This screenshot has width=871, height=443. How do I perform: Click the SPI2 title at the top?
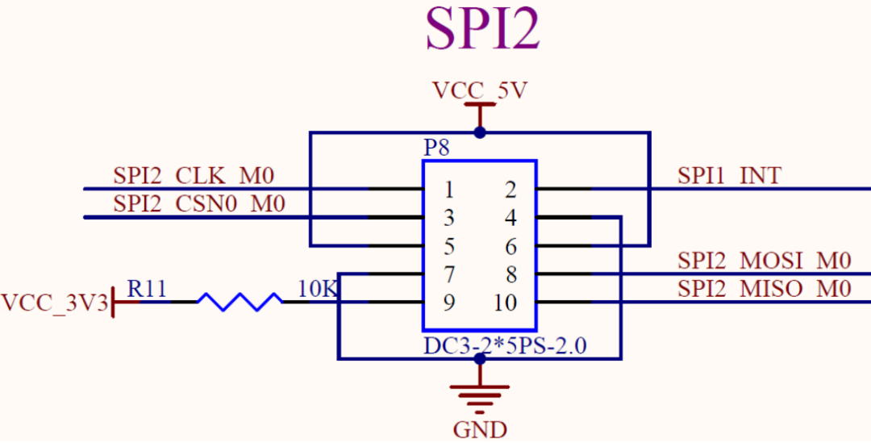pos(482,31)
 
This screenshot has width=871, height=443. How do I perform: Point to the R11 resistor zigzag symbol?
pos(240,302)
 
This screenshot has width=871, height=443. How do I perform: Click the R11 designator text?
pos(148,289)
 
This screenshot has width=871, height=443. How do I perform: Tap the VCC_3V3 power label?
pos(53,303)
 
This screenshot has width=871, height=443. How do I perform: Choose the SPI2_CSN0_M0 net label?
pos(199,204)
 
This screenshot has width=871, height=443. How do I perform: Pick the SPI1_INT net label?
pos(729,176)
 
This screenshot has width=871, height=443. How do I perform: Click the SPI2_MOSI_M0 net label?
pos(764,261)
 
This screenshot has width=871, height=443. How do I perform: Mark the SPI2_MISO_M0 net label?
pos(764,289)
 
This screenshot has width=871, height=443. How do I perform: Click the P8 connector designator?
pos(436,148)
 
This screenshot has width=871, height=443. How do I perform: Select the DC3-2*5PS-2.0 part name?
pos(505,346)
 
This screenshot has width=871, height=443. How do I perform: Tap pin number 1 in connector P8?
pos(449,190)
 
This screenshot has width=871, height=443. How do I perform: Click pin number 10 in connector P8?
pos(506,303)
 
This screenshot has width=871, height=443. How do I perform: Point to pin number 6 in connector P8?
pos(511,247)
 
